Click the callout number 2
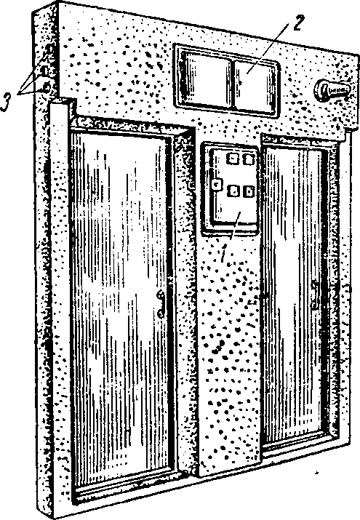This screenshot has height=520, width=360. pyautogui.click(x=297, y=23)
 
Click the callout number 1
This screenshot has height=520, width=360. pyautogui.click(x=223, y=252)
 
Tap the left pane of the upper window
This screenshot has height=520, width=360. pyautogui.click(x=207, y=80)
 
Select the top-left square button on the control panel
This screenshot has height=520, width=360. pyautogui.click(x=233, y=159)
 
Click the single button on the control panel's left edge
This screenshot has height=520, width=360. pyautogui.click(x=217, y=184)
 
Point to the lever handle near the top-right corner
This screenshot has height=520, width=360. pyautogui.click(x=332, y=89)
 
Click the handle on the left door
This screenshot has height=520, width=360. pyautogui.click(x=161, y=304)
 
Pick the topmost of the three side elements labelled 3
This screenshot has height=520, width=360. pyautogui.click(x=49, y=49)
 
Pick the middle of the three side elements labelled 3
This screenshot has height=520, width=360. pyautogui.click(x=46, y=70)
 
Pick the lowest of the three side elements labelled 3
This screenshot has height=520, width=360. pyautogui.click(x=46, y=87)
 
